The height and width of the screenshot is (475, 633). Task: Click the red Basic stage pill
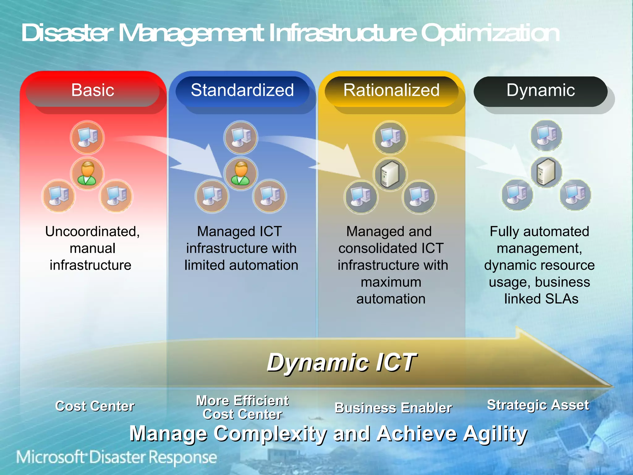pyautogui.click(x=92, y=91)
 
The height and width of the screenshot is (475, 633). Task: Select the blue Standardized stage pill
pyautogui.click(x=242, y=91)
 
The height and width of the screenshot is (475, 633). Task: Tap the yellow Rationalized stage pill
pyautogui.click(x=391, y=91)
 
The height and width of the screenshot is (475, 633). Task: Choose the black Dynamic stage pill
pyautogui.click(x=540, y=91)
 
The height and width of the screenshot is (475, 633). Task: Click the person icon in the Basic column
pyautogui.click(x=87, y=173)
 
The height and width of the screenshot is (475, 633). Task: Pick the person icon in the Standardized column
pyautogui.click(x=241, y=173)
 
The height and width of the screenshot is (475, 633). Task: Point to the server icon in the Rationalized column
pyautogui.click(x=390, y=174)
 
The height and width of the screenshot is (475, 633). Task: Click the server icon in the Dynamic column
pyautogui.click(x=546, y=172)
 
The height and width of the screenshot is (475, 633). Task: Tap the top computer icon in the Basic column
pyautogui.click(x=87, y=137)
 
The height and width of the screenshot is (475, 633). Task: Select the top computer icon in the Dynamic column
pyautogui.click(x=546, y=135)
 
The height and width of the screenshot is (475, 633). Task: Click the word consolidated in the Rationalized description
pyautogui.click(x=374, y=248)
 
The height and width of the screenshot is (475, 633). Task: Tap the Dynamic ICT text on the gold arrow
pyautogui.click(x=342, y=362)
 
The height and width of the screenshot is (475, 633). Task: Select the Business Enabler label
pyautogui.click(x=393, y=408)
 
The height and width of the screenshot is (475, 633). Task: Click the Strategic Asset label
pyautogui.click(x=538, y=405)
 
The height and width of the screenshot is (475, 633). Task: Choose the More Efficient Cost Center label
pyautogui.click(x=242, y=407)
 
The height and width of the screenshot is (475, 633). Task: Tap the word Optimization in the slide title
pyautogui.click(x=490, y=33)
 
